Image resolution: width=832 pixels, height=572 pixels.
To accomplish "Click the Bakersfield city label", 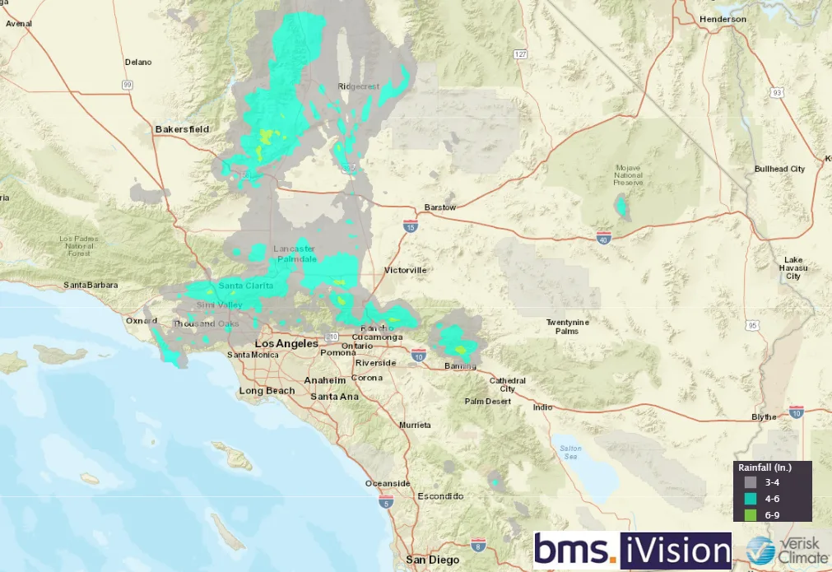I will [182, 129].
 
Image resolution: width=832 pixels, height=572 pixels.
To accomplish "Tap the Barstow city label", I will [439, 207].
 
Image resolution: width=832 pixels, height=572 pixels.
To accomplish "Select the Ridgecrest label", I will [360, 86].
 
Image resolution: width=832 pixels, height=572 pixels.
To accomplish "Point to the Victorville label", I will [405, 270].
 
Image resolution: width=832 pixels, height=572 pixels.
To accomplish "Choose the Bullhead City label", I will [779, 169].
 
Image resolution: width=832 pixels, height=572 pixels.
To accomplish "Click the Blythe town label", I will [764, 417].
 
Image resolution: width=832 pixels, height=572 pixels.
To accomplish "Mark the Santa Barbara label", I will [91, 285].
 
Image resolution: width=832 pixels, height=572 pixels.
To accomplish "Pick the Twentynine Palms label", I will [567, 326].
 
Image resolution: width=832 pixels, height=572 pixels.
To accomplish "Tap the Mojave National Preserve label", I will [627, 174].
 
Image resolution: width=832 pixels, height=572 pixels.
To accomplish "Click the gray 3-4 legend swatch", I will [750, 482].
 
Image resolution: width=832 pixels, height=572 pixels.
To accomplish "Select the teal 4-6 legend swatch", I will [750, 499].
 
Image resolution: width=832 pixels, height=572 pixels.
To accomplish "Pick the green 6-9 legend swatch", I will [750, 514].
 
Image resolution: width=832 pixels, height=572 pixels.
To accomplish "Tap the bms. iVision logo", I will [632, 551].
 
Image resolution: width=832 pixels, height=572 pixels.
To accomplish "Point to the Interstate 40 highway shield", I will [604, 238].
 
